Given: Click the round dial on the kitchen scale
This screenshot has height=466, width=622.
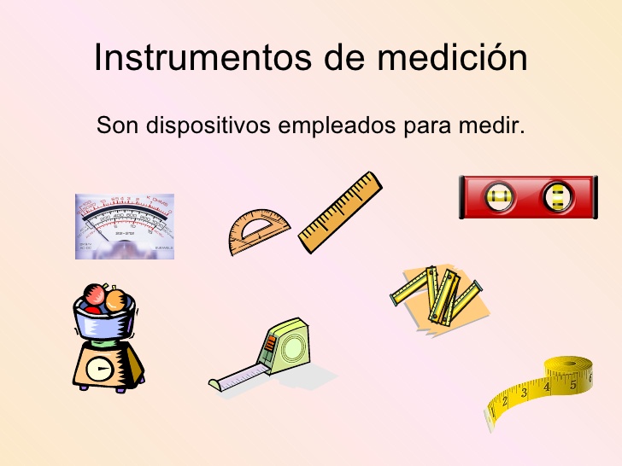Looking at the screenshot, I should point(100,368).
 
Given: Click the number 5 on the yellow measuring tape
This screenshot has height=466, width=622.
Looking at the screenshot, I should point(573,384).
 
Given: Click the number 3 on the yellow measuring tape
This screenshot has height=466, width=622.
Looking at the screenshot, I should point(525,393).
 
